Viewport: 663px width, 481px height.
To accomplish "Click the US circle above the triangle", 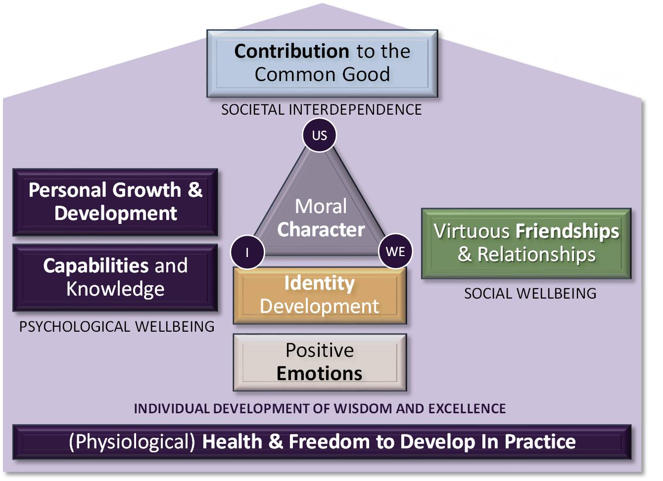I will tap(320, 135).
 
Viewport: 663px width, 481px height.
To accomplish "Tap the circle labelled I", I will tap(247, 252).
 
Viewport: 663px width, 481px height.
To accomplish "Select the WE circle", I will tap(395, 252).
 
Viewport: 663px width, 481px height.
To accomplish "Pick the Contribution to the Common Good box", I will tap(322, 63).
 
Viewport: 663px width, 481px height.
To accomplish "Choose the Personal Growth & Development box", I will tap(115, 202).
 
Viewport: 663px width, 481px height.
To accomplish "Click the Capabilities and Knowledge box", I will tap(115, 277).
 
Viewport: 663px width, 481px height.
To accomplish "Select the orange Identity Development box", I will tap(320, 295).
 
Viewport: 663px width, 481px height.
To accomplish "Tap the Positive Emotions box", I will tap(320, 362).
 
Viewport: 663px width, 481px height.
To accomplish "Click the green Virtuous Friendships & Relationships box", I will tap(526, 243).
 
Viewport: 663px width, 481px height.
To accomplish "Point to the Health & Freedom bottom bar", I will tap(322, 441).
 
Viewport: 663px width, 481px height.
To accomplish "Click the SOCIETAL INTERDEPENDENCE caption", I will tap(322, 109).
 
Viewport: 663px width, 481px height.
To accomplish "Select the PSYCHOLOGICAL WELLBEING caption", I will tap(117, 326).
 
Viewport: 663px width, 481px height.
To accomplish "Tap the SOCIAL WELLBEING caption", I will tap(530, 294).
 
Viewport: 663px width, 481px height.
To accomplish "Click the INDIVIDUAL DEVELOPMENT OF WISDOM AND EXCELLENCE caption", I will tap(320, 409).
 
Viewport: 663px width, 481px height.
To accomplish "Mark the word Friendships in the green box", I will tap(567, 231).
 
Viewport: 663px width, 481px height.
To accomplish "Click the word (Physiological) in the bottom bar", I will tap(132, 441).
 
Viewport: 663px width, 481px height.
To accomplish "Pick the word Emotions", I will tap(320, 374).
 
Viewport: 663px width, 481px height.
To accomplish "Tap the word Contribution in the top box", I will tap(292, 51).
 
